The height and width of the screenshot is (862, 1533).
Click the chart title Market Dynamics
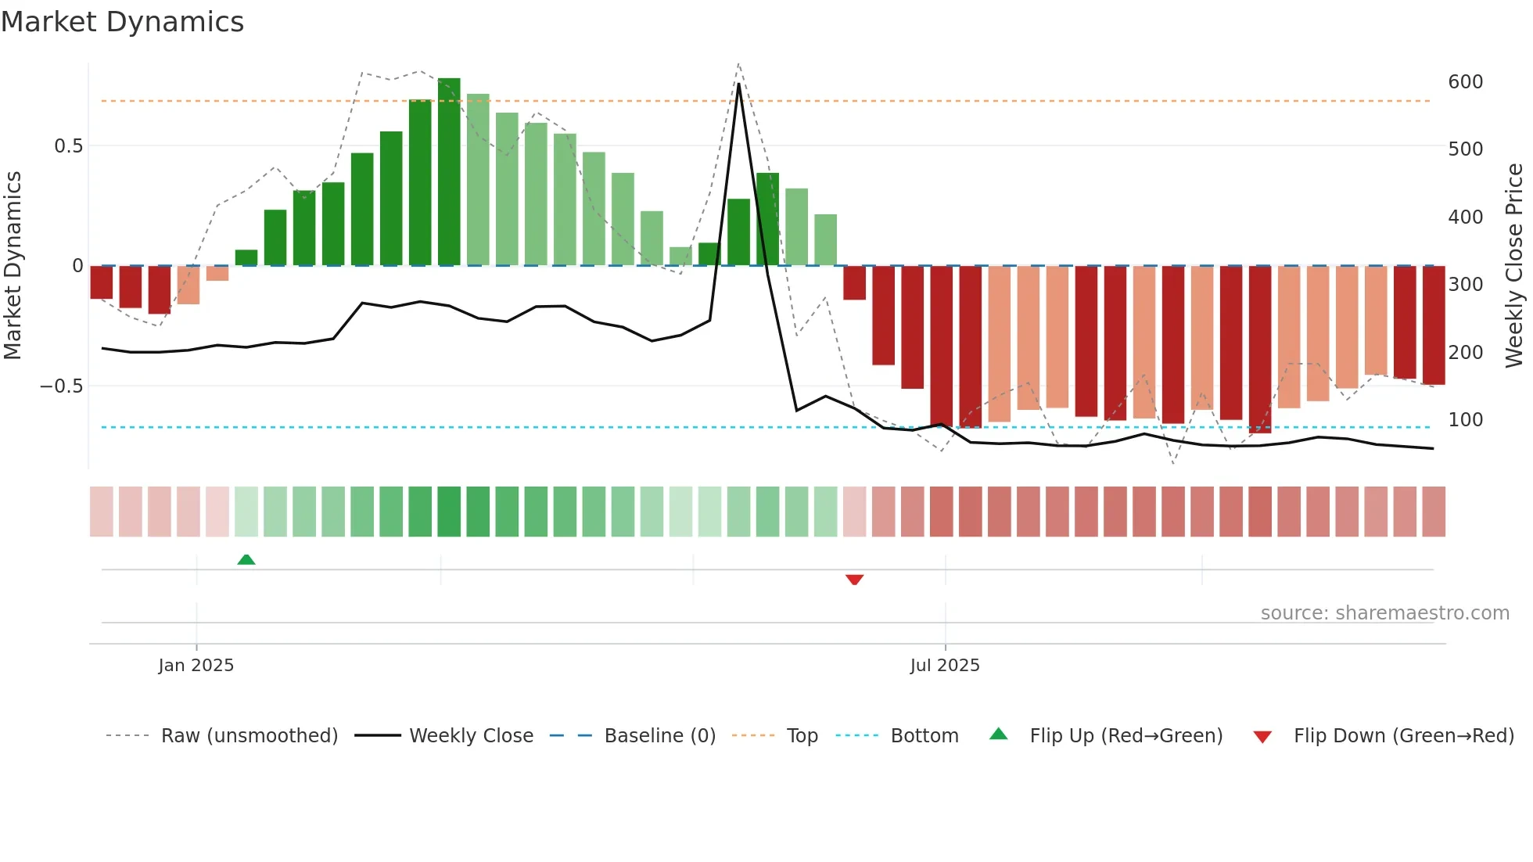pyautogui.click(x=123, y=22)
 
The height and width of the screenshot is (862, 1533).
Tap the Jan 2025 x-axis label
pyautogui.click(x=196, y=666)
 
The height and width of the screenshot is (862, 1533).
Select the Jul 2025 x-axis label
pyautogui.click(x=945, y=666)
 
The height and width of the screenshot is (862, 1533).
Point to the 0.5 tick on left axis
pyautogui.click(x=68, y=146)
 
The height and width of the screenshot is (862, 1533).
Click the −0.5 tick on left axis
pyautogui.click(x=62, y=386)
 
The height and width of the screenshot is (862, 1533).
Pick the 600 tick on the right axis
pyautogui.click(x=1465, y=82)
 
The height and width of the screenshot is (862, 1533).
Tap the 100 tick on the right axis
pyautogui.click(x=1465, y=420)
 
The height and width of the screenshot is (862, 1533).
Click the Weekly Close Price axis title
pyautogui.click(x=1514, y=266)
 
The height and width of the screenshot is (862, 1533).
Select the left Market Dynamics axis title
pyautogui.click(x=13, y=266)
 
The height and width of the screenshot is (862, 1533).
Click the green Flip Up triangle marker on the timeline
pyautogui.click(x=246, y=559)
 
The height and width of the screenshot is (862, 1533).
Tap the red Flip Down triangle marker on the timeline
pyautogui.click(x=854, y=580)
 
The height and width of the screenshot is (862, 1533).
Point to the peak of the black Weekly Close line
pyautogui.click(x=738, y=84)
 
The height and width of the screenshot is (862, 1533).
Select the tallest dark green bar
pyautogui.click(x=449, y=172)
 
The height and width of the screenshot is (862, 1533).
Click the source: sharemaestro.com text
pyautogui.click(x=1384, y=613)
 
